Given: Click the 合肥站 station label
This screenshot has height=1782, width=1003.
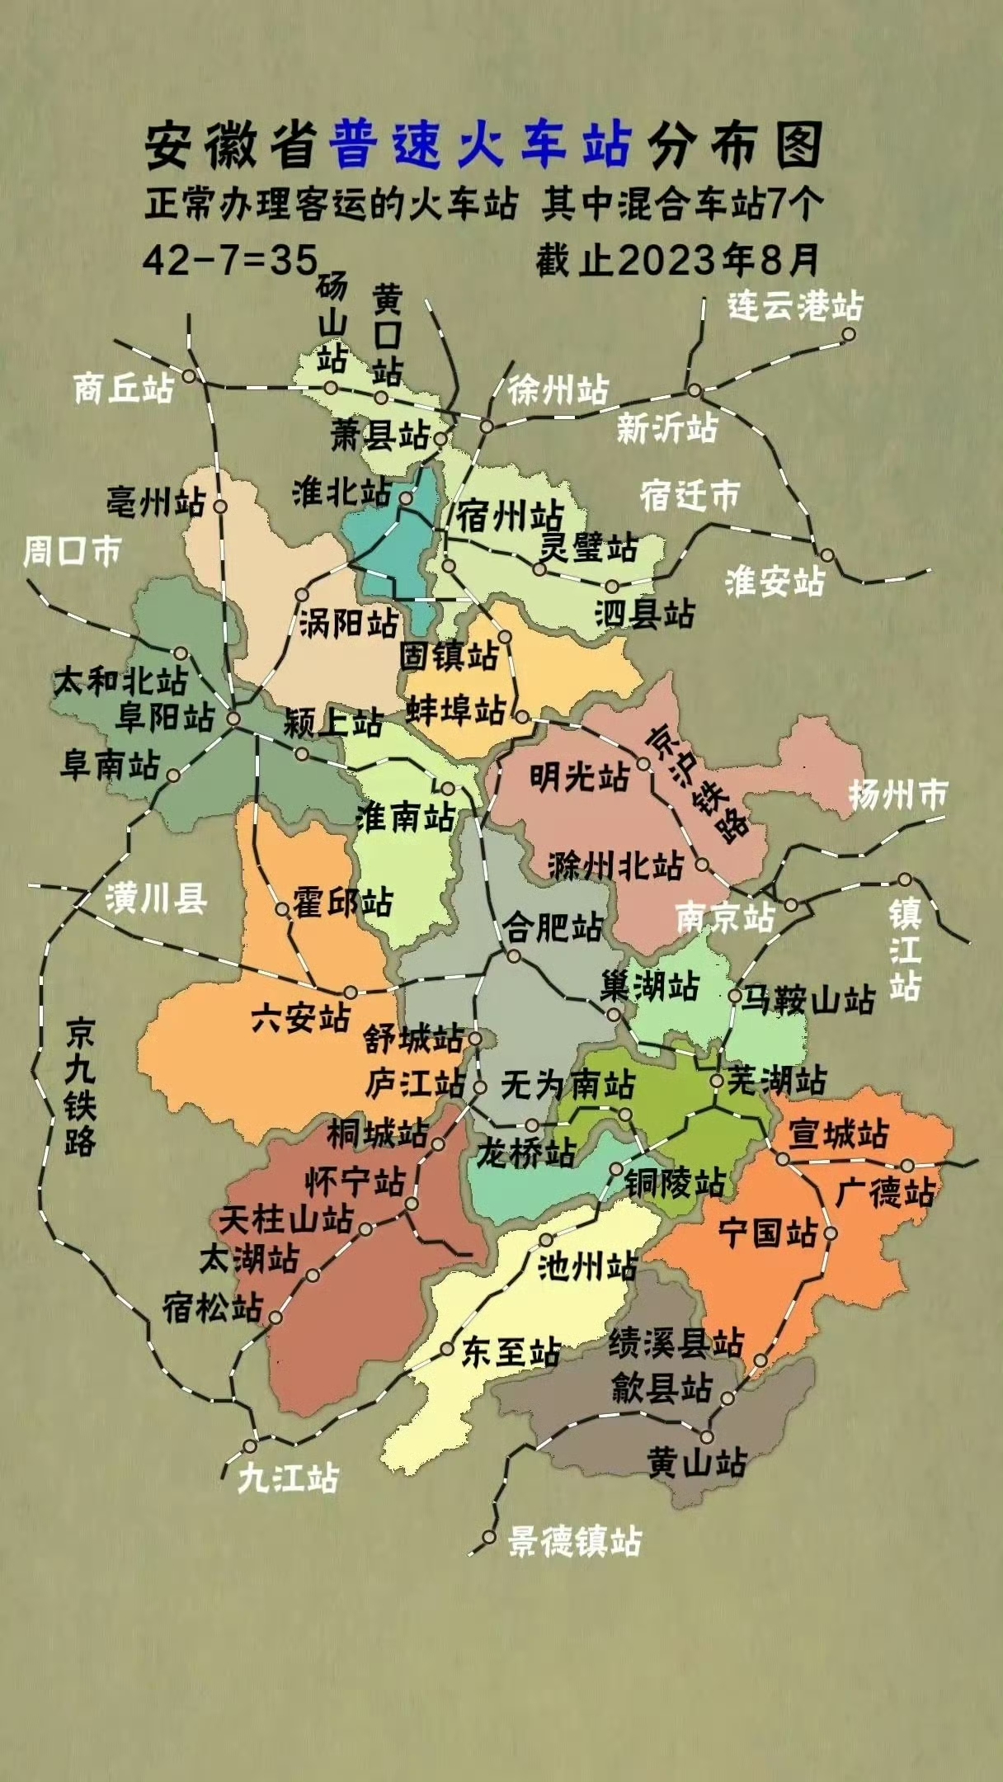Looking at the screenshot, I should click(553, 928).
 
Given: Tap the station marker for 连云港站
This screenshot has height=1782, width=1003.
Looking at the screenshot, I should click(848, 334).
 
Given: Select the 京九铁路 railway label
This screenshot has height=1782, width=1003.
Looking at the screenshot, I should click(81, 1087).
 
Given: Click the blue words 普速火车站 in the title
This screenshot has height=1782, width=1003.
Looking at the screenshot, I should click(481, 145).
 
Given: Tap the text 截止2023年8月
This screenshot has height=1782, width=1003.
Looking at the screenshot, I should click(677, 260).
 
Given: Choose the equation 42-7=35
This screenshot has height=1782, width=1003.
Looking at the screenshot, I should click(230, 260).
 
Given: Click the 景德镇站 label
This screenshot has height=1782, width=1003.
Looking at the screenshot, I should click(575, 1540).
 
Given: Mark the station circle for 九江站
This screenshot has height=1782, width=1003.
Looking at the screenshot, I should click(250, 1446).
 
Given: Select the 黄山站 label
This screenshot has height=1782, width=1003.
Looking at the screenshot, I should click(697, 1462).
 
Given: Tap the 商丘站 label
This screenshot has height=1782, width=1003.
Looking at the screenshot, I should click(124, 388).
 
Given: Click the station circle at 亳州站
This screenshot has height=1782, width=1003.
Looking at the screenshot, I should click(220, 507).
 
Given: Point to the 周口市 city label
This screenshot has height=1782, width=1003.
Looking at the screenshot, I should click(72, 551).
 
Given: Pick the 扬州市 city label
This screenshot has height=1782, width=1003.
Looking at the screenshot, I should click(897, 794).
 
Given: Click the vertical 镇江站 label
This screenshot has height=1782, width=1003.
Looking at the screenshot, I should click(905, 949).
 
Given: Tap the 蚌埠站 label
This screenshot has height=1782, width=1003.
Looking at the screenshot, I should click(455, 709).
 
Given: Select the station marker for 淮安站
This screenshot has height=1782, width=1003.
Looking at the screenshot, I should click(826, 555).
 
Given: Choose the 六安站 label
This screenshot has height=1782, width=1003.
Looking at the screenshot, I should click(301, 1017).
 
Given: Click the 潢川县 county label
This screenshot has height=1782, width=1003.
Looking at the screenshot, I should click(156, 898).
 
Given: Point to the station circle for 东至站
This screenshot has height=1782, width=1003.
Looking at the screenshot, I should click(446, 1350).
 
